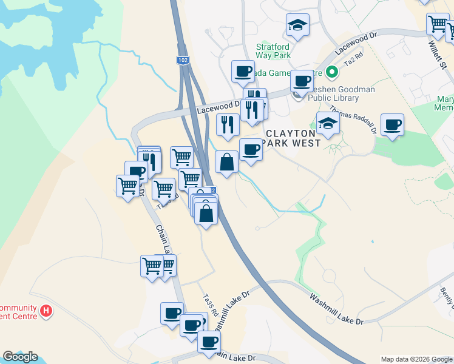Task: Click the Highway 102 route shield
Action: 183,60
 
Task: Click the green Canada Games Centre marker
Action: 331,73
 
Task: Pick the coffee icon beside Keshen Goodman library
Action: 302,80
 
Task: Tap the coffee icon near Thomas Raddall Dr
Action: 393,124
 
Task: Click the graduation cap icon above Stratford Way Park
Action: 297,25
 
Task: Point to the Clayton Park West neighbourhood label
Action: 292,138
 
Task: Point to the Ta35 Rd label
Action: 209,304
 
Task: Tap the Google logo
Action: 20,357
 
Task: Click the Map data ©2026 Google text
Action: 416,359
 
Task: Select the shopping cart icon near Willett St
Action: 438,24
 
